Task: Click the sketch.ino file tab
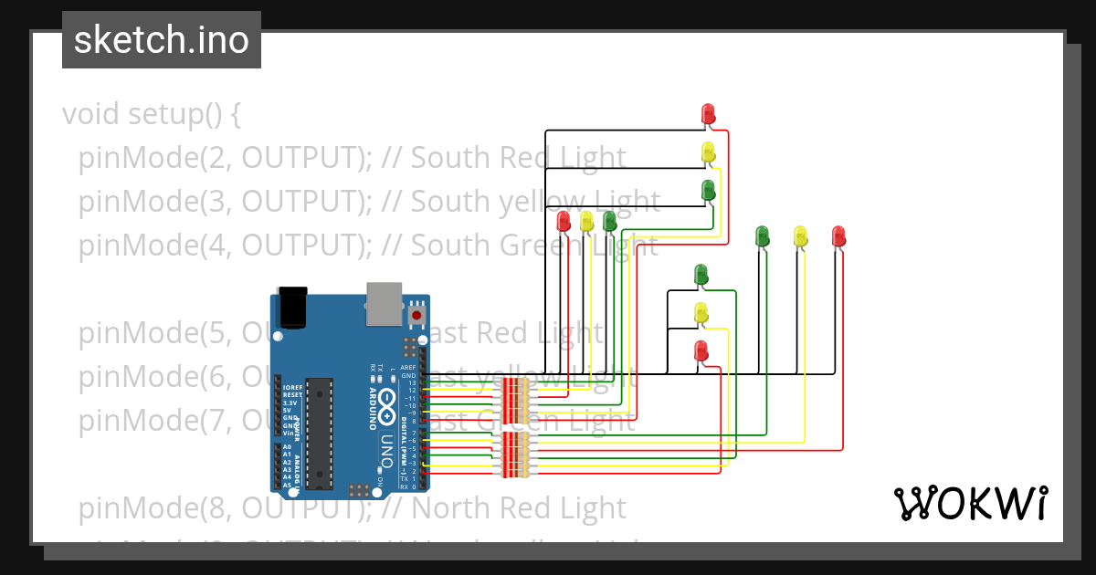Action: coord(162,40)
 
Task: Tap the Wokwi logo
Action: coord(970,503)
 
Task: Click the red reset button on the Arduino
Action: coord(416,315)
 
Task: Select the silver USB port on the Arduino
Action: coord(384,303)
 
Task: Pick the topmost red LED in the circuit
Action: coord(708,114)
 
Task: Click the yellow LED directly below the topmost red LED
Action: coord(708,152)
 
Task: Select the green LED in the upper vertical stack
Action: coord(708,191)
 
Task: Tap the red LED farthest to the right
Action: coord(838,236)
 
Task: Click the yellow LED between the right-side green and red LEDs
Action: coord(800,236)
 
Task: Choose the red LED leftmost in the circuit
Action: coord(564,221)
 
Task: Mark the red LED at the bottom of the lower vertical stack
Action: coord(701,350)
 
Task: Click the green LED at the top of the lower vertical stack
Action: coord(701,274)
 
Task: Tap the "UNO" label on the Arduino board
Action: coord(385,446)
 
